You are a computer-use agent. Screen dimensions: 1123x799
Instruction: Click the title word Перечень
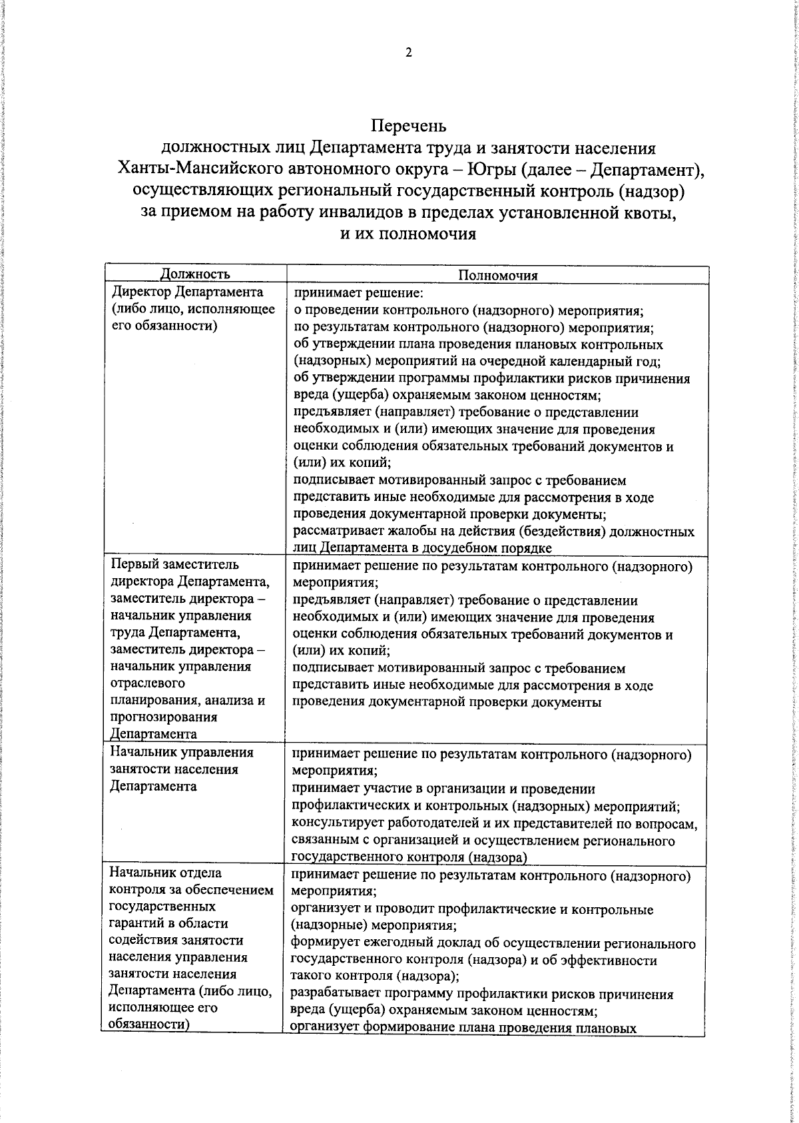click(x=408, y=125)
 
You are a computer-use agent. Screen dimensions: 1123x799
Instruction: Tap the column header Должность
click(x=195, y=274)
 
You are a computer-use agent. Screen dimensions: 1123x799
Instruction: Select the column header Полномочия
click(x=497, y=275)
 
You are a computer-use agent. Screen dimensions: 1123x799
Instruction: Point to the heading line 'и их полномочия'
click(x=408, y=234)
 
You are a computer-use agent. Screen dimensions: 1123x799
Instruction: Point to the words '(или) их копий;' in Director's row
click(x=342, y=462)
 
